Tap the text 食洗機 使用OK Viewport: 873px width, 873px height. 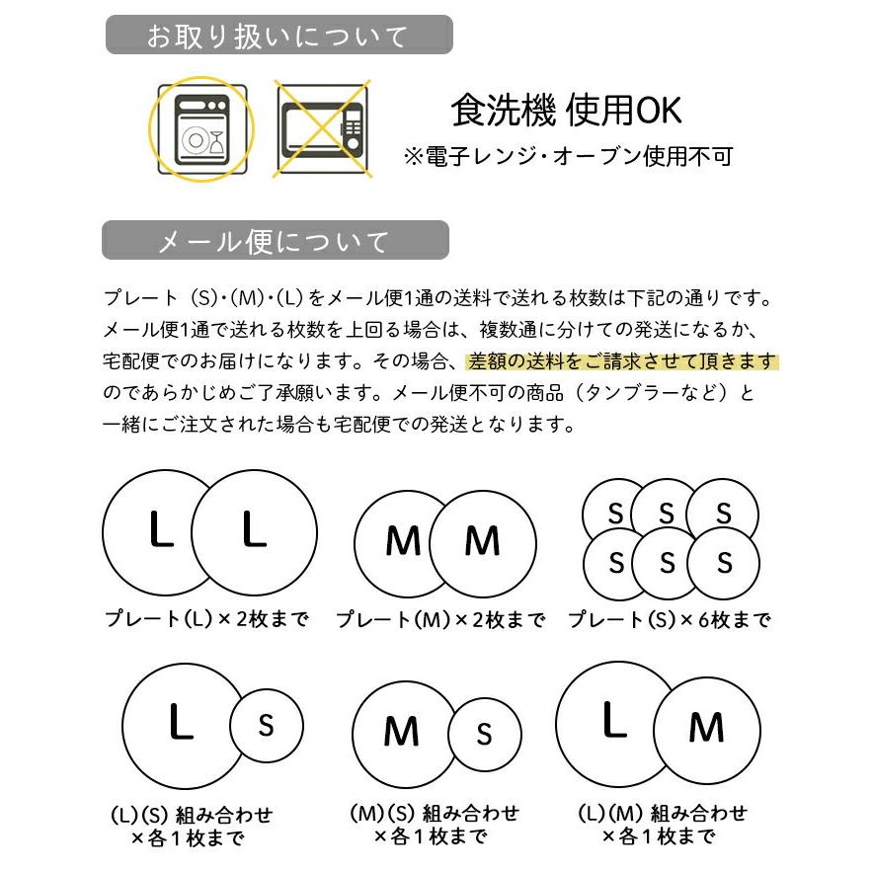(x=566, y=111)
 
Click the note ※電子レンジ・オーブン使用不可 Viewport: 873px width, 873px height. (x=568, y=155)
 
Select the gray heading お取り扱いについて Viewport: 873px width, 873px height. (x=278, y=37)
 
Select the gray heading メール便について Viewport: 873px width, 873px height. (x=274, y=241)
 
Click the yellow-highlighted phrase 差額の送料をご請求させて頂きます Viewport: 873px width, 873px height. (x=622, y=362)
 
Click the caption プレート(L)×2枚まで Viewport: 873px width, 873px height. (x=206, y=619)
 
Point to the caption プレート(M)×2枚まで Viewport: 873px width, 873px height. (x=439, y=619)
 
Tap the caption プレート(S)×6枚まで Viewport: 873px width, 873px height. (x=669, y=619)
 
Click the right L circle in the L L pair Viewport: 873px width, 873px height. (x=255, y=531)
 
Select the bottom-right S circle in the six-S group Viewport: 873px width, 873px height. (x=725, y=563)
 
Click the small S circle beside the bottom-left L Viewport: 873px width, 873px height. (x=266, y=726)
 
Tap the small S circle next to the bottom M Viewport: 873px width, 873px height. (x=484, y=733)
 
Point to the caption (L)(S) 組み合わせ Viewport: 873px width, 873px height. (x=191, y=816)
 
